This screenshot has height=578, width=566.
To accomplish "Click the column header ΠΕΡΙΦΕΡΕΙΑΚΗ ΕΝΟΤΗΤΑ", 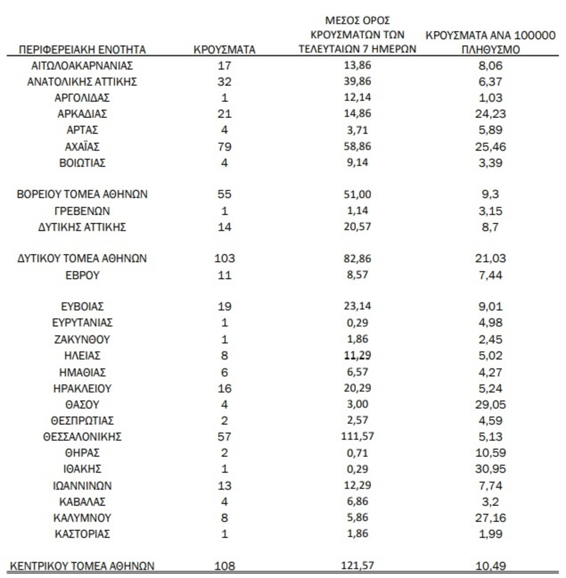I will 83,50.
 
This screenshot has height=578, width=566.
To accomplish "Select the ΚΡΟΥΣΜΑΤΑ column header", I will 225,50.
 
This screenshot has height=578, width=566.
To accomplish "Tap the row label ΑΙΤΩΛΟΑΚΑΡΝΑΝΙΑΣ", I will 83,66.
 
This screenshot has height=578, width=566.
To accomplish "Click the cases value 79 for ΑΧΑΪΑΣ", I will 225,147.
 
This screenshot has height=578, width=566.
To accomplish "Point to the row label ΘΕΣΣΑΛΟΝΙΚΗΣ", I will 83,437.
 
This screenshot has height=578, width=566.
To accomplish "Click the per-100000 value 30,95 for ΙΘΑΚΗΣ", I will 491,470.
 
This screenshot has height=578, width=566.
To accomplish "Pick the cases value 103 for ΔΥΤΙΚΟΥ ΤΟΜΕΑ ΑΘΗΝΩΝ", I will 225,259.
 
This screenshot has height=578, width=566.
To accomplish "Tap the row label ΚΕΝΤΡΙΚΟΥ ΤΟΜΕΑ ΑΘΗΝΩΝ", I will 83,566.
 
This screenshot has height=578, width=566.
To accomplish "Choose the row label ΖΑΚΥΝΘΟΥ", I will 83,339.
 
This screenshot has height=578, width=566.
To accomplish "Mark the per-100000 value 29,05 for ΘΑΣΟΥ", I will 491,405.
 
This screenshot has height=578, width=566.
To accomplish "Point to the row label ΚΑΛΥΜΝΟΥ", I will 83,518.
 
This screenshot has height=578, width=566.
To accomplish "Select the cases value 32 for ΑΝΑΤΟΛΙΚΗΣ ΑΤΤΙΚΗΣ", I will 225,82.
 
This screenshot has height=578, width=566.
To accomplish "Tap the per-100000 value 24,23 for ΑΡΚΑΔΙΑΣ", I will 491,114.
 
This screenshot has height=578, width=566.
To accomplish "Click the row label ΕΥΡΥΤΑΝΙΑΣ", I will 83,323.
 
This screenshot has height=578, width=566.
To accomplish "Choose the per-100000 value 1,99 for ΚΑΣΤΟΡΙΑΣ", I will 491,534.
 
